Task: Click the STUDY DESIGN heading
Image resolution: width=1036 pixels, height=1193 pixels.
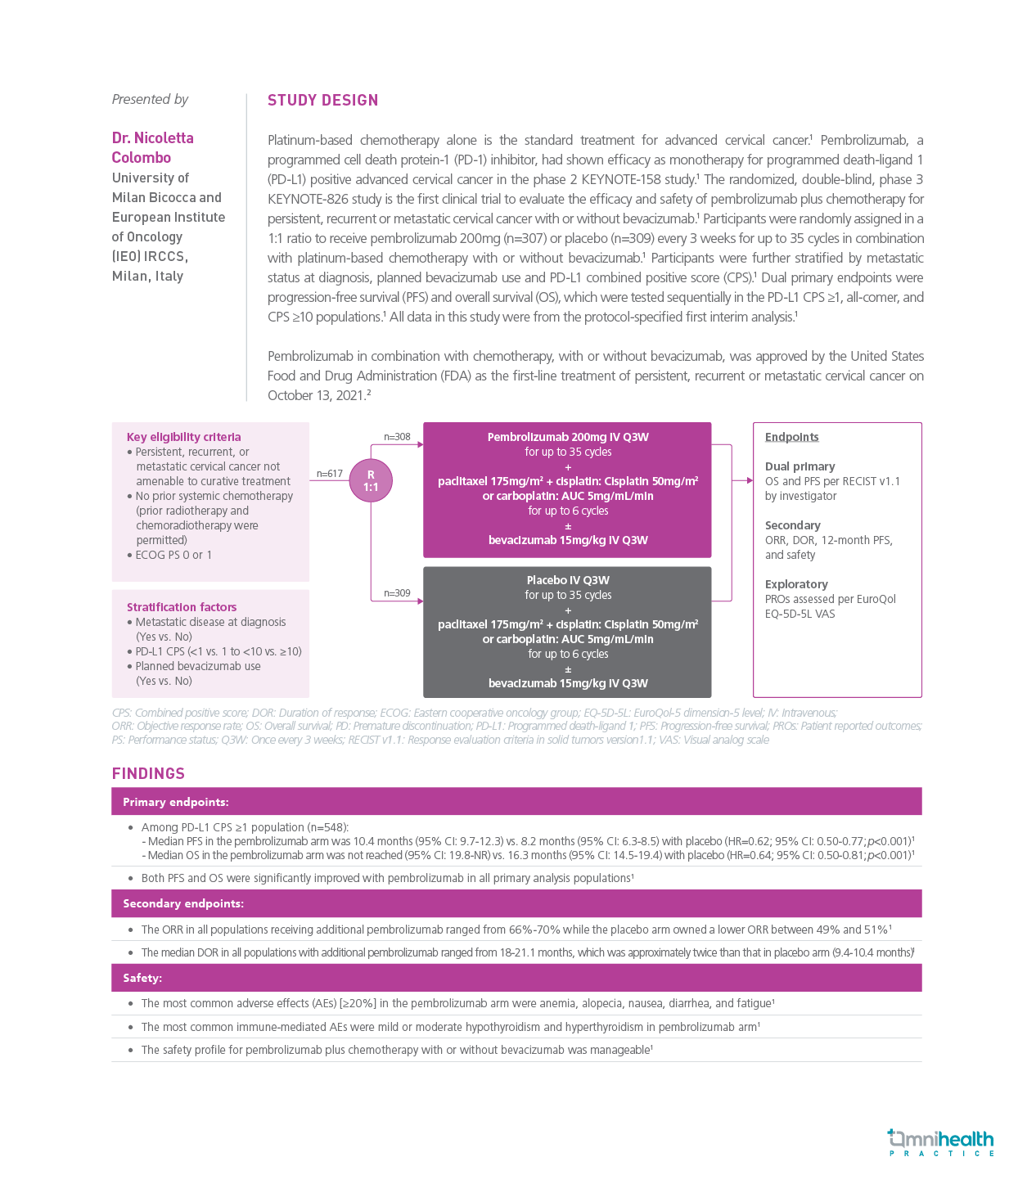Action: (322, 100)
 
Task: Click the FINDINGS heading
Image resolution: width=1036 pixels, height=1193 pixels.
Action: (148, 773)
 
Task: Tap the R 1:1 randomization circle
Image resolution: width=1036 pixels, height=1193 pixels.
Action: (371, 480)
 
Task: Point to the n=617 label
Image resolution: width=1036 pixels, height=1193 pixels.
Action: (330, 474)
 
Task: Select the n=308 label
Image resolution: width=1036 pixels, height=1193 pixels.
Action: (397, 437)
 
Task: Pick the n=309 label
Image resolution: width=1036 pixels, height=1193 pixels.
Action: (397, 593)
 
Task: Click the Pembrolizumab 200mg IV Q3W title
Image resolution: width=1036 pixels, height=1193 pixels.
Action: (568, 437)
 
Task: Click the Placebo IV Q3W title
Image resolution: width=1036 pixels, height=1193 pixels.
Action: (568, 580)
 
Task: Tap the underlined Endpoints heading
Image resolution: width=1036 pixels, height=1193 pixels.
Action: (791, 437)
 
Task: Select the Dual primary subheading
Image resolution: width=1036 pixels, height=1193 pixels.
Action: (800, 466)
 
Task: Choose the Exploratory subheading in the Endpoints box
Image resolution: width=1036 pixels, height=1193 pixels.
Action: (796, 584)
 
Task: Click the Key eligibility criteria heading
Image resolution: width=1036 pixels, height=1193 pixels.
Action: (183, 437)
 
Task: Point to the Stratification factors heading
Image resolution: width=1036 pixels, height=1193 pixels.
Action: (182, 607)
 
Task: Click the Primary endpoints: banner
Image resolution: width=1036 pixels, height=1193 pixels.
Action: (176, 802)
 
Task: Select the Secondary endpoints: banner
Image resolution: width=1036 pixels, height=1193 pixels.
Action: (182, 903)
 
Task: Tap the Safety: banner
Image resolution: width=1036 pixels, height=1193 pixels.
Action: (142, 978)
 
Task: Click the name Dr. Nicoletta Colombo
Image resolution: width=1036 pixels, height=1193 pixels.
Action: (153, 147)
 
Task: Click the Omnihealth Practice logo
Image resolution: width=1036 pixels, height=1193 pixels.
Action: (940, 1142)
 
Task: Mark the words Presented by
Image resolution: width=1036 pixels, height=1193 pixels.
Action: (150, 99)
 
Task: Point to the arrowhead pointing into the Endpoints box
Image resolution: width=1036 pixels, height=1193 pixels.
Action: (749, 480)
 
